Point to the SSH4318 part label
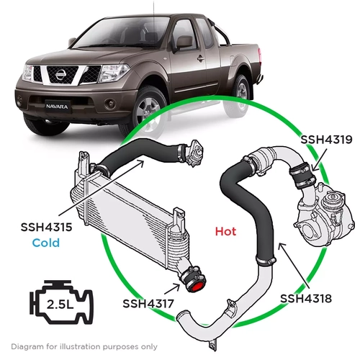[305, 297]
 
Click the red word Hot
[225, 233]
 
